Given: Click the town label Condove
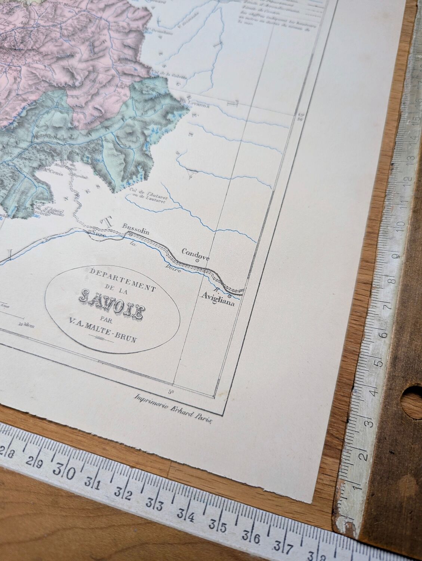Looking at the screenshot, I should [x=195, y=252].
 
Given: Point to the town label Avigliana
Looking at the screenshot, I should [x=218, y=304].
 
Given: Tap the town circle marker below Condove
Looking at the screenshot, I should [x=197, y=261].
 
